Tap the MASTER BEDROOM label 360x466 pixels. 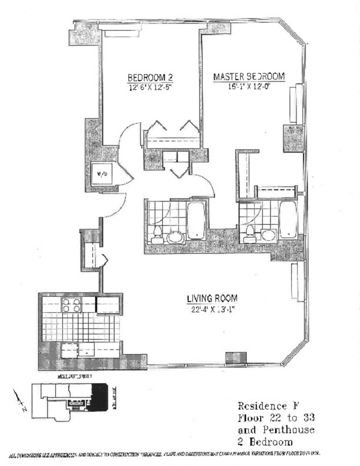[x=249, y=76]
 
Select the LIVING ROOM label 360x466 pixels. [x=212, y=298]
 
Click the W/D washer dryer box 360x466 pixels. [x=102, y=174]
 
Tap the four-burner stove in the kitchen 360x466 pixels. [x=71, y=305]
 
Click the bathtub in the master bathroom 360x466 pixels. [x=288, y=220]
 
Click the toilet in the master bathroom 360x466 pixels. [x=249, y=235]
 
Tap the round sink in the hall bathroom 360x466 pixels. [x=175, y=236]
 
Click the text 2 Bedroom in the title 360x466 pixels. [x=265, y=442]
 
